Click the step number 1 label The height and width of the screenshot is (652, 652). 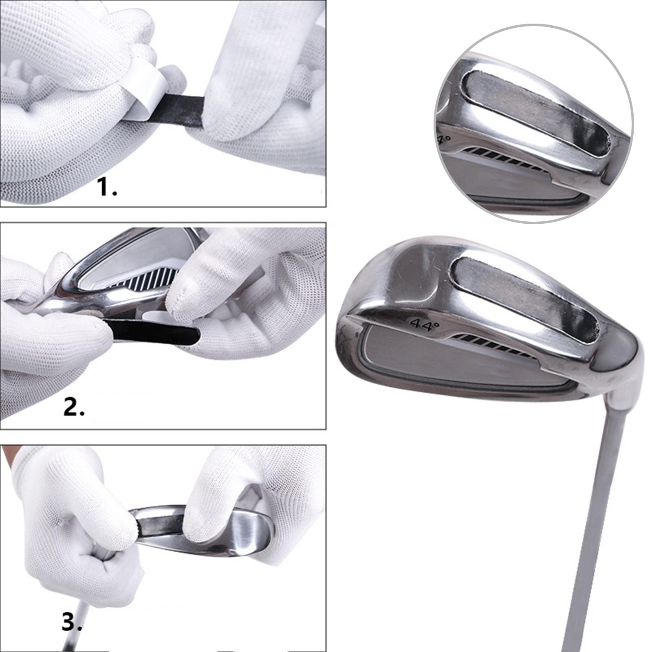point(107,187)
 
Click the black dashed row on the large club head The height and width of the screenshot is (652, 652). point(495,345)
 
